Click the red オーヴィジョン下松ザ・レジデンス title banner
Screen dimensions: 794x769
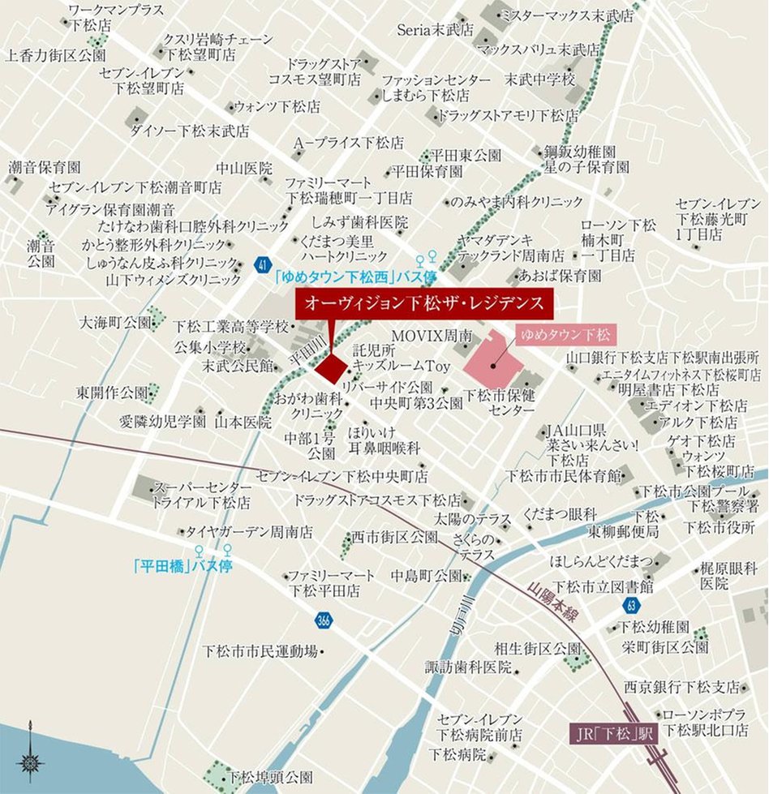[x=424, y=305]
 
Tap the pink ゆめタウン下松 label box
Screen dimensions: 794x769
[x=565, y=333]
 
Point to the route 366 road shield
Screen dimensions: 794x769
[x=324, y=620]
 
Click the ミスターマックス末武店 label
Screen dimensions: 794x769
[x=565, y=15]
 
